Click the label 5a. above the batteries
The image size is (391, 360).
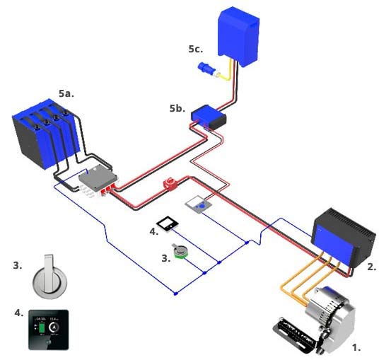click(x=66, y=93)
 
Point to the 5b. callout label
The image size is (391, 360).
click(x=177, y=110)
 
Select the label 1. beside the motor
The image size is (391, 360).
click(x=356, y=347)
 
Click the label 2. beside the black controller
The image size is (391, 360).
click(x=372, y=267)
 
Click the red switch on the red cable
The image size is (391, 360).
click(x=171, y=186)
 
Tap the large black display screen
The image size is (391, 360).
click(x=48, y=329)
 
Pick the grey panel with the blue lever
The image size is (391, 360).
click(x=199, y=206)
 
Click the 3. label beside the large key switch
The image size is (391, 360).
click(x=18, y=266)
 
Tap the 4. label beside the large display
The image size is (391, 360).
click(x=18, y=312)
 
